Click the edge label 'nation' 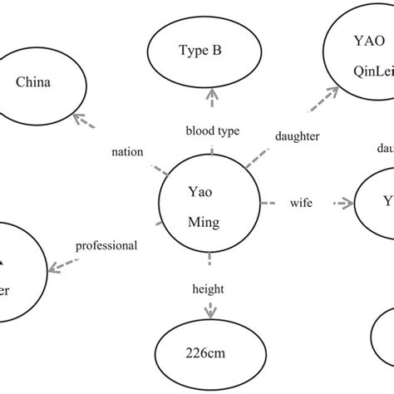(127, 152)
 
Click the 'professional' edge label (106, 245)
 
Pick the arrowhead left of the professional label (55, 267)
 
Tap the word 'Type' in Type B (190, 50)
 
